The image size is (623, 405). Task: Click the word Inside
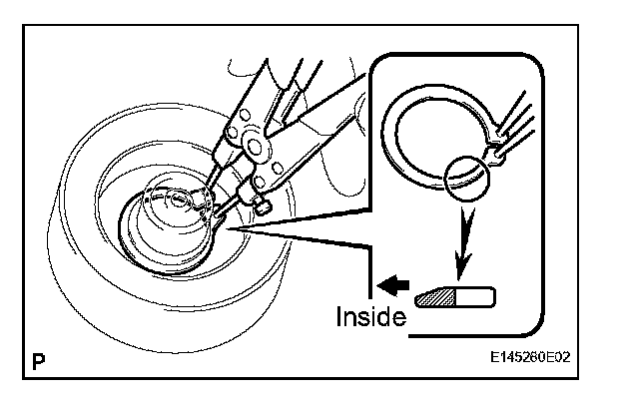pyautogui.click(x=368, y=317)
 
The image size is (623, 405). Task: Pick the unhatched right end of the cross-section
pyautogui.click(x=478, y=296)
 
